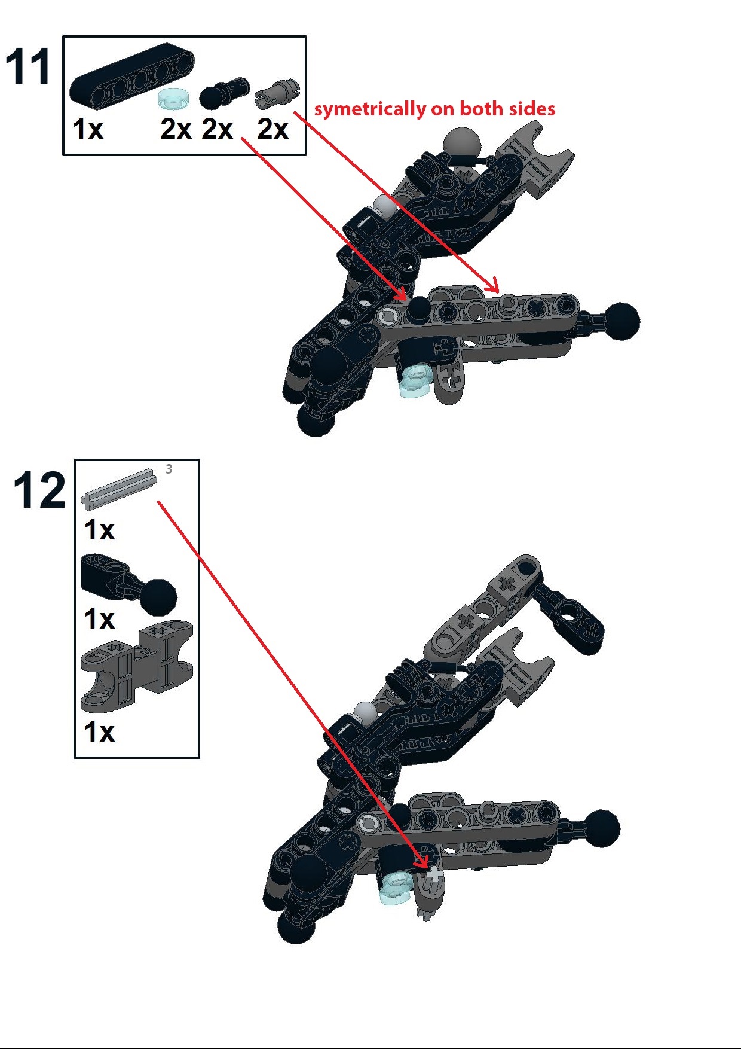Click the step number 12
coord(39,490)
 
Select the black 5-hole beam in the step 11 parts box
coord(132,77)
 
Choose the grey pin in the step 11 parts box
coord(277,93)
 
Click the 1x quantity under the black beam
coord(88,129)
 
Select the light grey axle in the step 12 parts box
coord(119,488)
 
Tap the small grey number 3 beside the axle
coord(169,469)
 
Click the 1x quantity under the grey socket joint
coord(99,732)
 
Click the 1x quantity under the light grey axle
coord(99,530)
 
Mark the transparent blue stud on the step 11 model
coord(417,382)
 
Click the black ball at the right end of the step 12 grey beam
coord(602,828)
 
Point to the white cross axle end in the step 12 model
coord(435,875)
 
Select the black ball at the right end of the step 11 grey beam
coord(621,321)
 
